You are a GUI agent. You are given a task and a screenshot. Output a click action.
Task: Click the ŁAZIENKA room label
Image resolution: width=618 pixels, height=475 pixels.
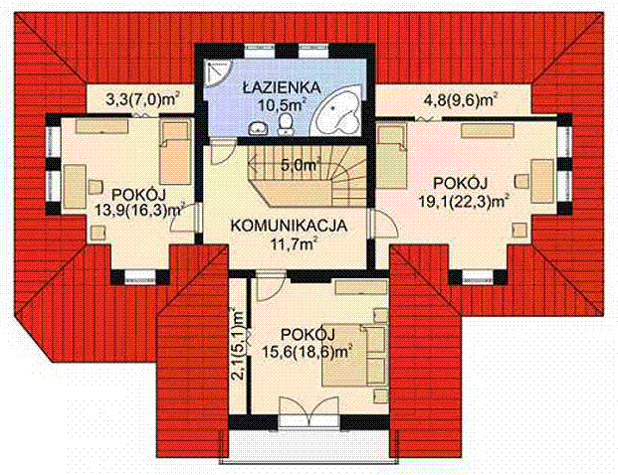coord(281,86)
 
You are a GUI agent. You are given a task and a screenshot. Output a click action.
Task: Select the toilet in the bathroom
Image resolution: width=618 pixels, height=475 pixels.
coord(285,123)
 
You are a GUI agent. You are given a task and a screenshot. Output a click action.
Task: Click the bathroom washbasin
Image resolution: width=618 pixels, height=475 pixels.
coord(259,128)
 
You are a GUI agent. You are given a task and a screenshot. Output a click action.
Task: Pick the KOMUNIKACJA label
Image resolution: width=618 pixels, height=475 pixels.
coord(289,226)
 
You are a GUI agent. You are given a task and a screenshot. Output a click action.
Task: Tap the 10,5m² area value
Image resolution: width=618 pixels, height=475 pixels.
coord(282,104)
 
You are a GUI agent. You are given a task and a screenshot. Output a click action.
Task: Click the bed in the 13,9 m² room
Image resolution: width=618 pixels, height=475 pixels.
coord(176,153)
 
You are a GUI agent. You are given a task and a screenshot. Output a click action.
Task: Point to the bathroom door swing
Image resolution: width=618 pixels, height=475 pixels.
coord(223,151)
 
